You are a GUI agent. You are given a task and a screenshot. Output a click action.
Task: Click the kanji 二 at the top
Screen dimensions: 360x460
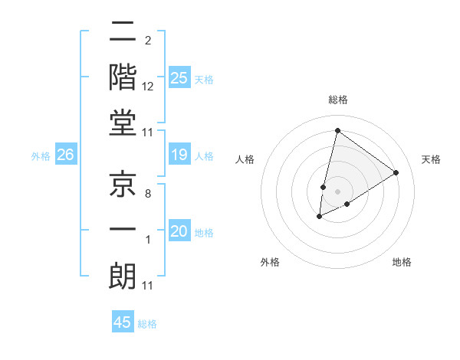(x=123, y=33)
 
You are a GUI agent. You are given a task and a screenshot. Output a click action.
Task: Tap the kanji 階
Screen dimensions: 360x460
(x=123, y=77)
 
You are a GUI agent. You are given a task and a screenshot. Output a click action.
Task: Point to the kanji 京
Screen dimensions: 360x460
(x=123, y=185)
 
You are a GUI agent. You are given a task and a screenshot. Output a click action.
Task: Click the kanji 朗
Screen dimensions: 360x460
(x=123, y=276)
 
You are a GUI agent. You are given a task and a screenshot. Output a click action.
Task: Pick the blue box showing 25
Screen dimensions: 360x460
(x=179, y=77)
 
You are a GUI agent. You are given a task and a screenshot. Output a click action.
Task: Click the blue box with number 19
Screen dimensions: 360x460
(x=179, y=155)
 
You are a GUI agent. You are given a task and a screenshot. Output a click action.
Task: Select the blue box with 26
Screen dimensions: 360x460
(x=65, y=155)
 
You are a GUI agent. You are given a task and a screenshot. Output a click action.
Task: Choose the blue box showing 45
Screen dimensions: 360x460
(x=123, y=322)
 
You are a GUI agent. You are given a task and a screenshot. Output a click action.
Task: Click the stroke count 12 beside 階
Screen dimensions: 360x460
(x=148, y=87)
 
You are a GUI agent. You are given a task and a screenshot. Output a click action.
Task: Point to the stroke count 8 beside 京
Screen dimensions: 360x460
(x=147, y=195)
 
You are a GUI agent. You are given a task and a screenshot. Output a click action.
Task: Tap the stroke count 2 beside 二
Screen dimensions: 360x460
(x=147, y=41)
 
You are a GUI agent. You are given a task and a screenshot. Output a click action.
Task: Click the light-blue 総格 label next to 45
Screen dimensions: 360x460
(x=147, y=324)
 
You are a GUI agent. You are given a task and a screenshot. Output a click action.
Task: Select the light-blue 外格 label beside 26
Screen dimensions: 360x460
(x=41, y=156)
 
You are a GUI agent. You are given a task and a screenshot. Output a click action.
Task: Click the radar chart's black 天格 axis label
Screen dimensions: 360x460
(x=431, y=159)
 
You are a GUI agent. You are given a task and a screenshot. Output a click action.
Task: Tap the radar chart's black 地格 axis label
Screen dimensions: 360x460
(x=402, y=262)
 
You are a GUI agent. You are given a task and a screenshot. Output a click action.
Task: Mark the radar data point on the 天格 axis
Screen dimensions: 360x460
(x=396, y=172)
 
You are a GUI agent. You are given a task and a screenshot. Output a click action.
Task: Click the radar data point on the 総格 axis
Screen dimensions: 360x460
(x=337, y=130)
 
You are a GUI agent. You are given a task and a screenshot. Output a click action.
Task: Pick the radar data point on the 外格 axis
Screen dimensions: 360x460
(x=320, y=217)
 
